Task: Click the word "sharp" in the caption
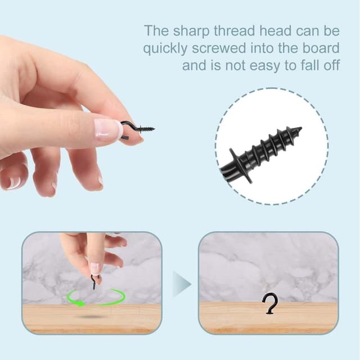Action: (x=191, y=31)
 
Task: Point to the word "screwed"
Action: (x=219, y=48)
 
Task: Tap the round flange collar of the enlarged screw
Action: (x=240, y=166)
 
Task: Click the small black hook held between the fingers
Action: (x=136, y=130)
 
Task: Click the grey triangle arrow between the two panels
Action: (x=182, y=284)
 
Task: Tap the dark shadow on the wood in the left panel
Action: (x=91, y=317)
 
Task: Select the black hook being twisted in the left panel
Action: (x=94, y=281)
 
